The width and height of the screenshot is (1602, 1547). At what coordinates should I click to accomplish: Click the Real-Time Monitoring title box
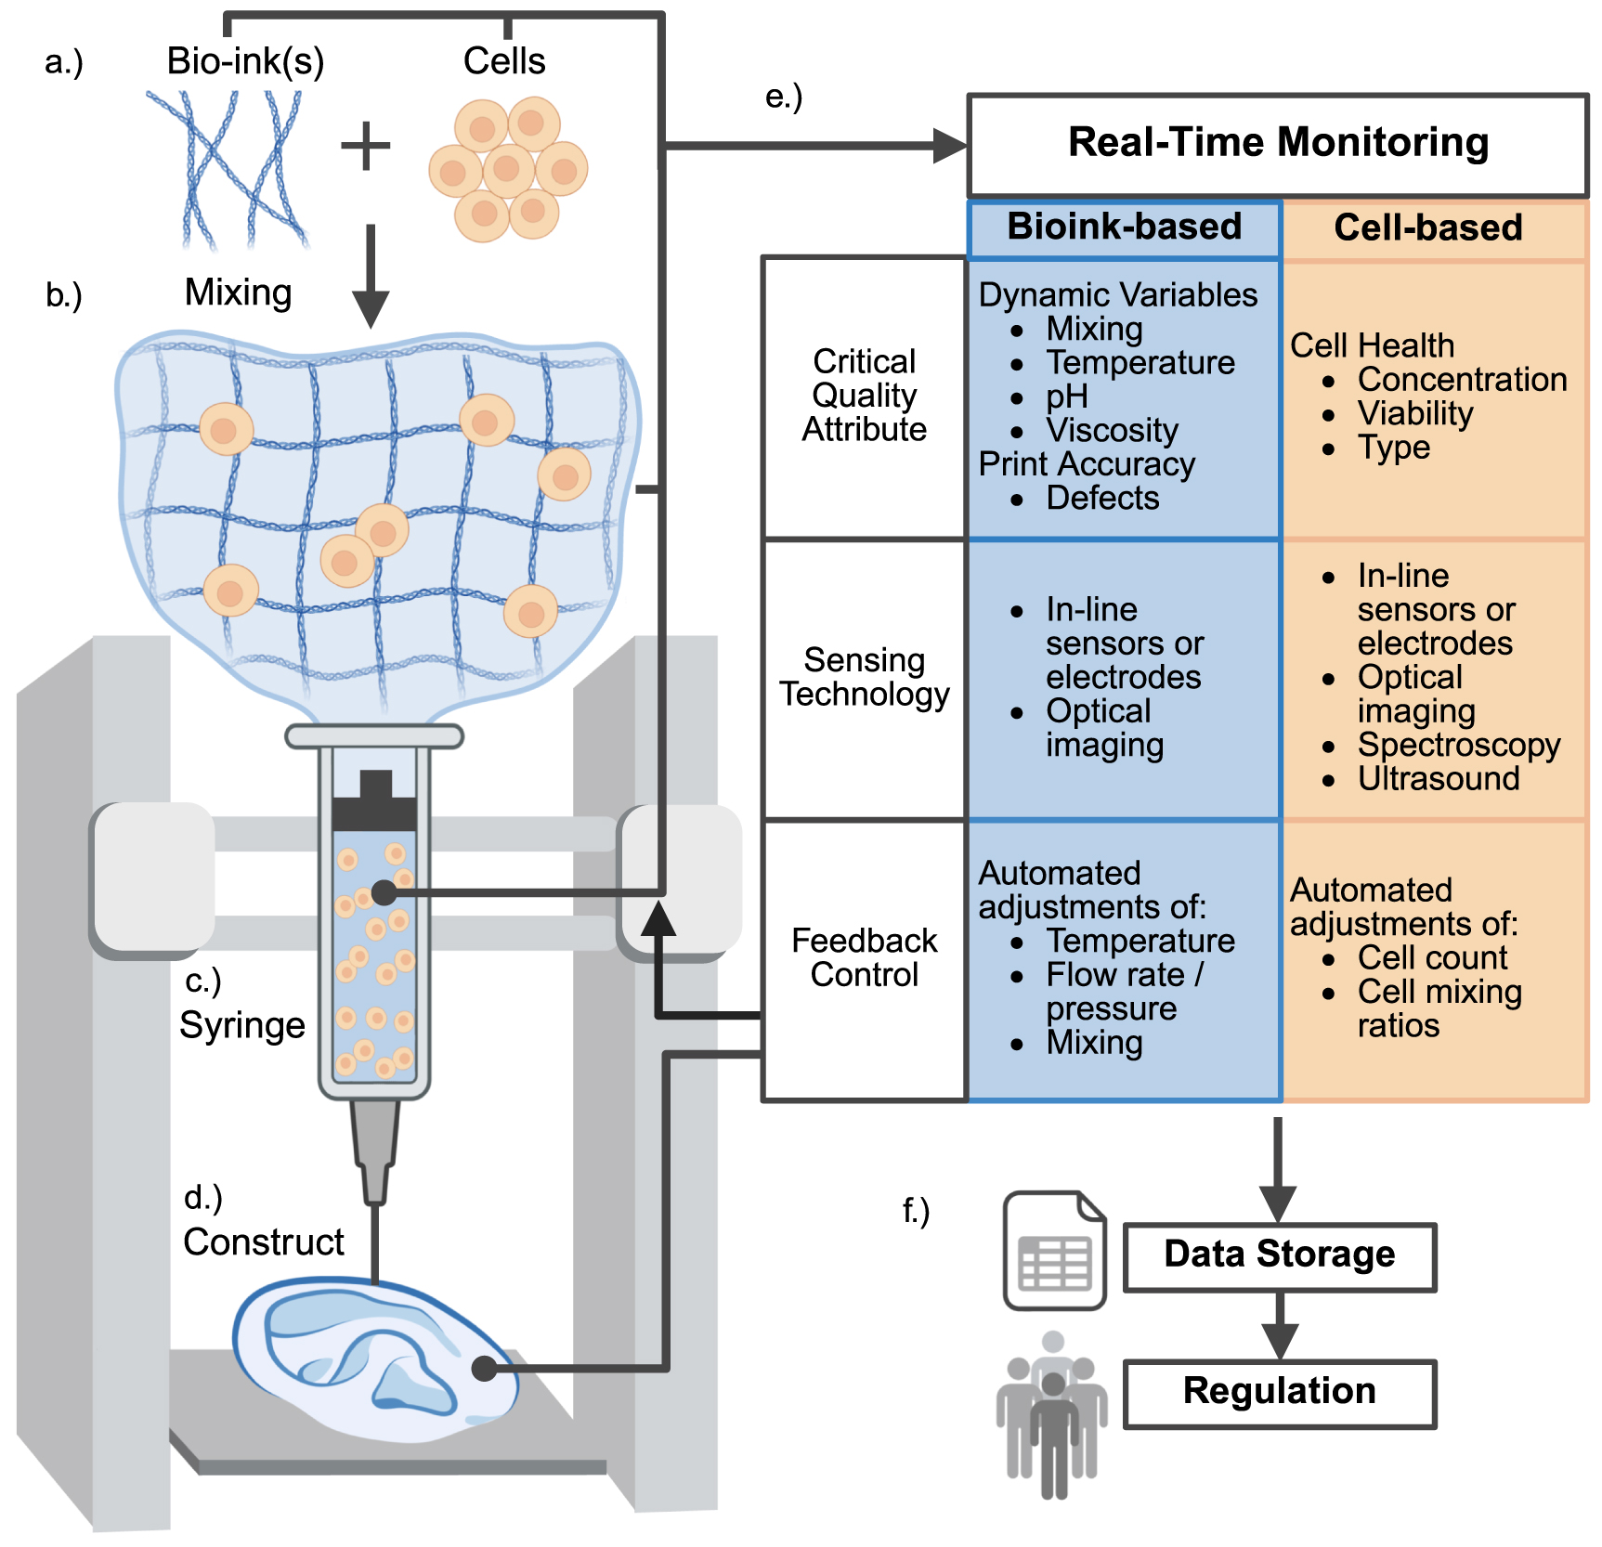click(x=1278, y=144)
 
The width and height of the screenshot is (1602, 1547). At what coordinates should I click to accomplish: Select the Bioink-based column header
click(x=1124, y=227)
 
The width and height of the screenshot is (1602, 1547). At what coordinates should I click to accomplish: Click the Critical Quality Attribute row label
click(x=864, y=396)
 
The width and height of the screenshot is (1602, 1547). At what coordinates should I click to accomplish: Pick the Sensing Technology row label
click(x=864, y=677)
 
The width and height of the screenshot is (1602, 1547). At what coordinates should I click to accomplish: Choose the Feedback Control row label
click(x=864, y=957)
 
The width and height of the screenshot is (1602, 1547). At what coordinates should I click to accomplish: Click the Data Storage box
click(x=1279, y=1254)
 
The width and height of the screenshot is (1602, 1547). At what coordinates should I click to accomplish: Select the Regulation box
click(x=1279, y=1391)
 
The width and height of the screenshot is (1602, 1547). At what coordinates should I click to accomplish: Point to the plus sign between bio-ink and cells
click(x=365, y=146)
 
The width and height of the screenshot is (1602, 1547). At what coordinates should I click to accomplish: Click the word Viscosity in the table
click(x=1112, y=430)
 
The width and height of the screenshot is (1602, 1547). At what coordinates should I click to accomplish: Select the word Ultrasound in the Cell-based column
click(x=1439, y=778)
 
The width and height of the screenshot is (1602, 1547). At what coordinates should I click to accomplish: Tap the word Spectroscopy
click(x=1458, y=745)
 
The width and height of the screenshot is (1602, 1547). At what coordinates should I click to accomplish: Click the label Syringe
click(x=242, y=1025)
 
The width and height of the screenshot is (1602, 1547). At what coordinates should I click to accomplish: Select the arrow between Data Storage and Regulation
click(x=1279, y=1328)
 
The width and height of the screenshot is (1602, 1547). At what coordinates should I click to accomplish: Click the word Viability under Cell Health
click(x=1414, y=413)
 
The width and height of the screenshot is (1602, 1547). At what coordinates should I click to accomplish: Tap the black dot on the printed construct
click(x=484, y=1368)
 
